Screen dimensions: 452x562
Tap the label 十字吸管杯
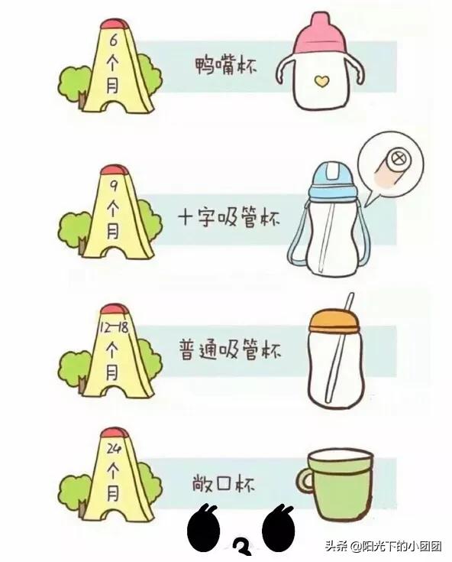pyautogui.click(x=229, y=217)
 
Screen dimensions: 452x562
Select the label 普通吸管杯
pyautogui.click(x=230, y=349)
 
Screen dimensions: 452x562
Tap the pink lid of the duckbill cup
pyautogui.click(x=320, y=34)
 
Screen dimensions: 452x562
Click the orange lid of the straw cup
pyautogui.click(x=334, y=322)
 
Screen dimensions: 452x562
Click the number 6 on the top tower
pyautogui.click(x=114, y=41)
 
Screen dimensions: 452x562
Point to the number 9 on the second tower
pyautogui.click(x=114, y=186)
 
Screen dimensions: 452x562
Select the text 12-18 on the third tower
pyautogui.click(x=113, y=327)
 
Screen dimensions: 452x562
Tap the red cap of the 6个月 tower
pyautogui.click(x=115, y=24)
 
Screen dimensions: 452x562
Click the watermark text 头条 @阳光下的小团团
pyautogui.click(x=383, y=546)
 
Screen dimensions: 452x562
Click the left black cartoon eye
pyautogui.click(x=203, y=528)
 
